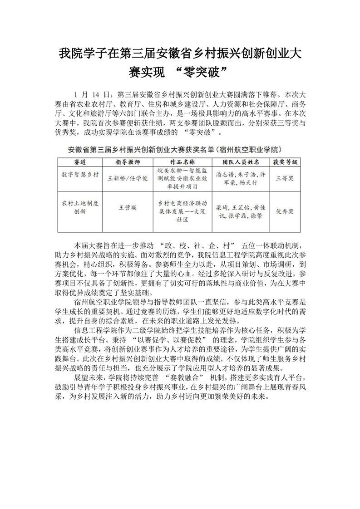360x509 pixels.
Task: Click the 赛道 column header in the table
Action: [x=80, y=162]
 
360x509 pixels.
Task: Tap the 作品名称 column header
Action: [x=182, y=162]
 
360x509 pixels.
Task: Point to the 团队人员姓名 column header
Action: [x=240, y=162]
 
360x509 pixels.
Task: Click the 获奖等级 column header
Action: [x=285, y=162]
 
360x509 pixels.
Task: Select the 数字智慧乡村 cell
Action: [x=80, y=174]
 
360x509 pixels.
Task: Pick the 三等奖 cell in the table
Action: [x=285, y=178]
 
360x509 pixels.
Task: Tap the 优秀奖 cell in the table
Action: [x=285, y=211]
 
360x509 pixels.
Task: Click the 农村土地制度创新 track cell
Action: [x=80, y=208]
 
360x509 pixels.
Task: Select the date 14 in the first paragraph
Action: [x=95, y=95]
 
